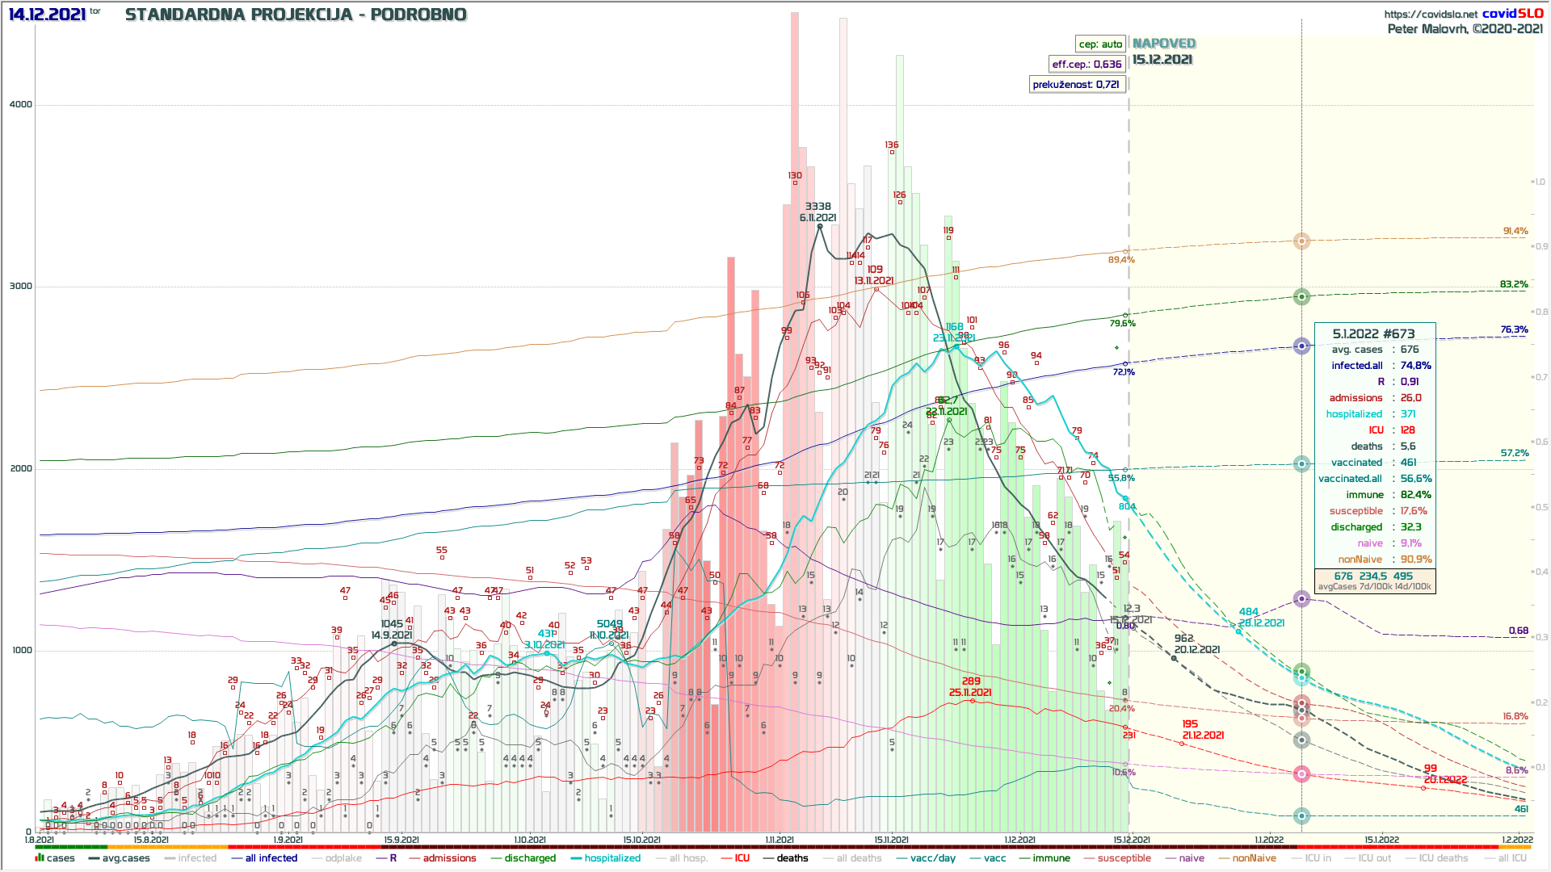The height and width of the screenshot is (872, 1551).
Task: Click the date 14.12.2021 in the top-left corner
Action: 47,15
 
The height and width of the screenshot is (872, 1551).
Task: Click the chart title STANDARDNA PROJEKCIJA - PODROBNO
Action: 296,15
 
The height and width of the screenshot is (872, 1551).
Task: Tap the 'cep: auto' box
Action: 1100,44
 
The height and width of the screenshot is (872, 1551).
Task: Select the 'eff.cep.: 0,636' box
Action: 1087,65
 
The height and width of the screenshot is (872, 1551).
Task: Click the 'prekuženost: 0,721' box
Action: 1076,85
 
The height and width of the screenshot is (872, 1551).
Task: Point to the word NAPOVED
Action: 1163,44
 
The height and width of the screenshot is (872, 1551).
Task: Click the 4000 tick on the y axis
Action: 21,104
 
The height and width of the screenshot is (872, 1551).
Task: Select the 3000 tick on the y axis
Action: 21,286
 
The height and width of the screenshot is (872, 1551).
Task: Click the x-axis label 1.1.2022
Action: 1269,840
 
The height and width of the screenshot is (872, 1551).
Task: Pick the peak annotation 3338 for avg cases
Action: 818,207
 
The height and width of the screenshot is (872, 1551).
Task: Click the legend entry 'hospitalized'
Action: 612,858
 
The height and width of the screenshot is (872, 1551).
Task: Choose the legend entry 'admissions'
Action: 449,858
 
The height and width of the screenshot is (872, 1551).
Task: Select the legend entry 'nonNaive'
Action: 1254,858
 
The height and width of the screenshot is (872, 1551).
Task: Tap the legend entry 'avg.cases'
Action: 125,858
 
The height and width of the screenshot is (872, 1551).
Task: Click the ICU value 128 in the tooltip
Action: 1408,430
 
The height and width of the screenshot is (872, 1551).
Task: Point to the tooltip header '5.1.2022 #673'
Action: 1373,333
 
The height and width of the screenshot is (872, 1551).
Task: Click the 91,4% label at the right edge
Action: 1515,231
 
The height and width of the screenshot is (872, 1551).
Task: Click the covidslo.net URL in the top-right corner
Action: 1431,14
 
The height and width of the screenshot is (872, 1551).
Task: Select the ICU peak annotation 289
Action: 971,681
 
